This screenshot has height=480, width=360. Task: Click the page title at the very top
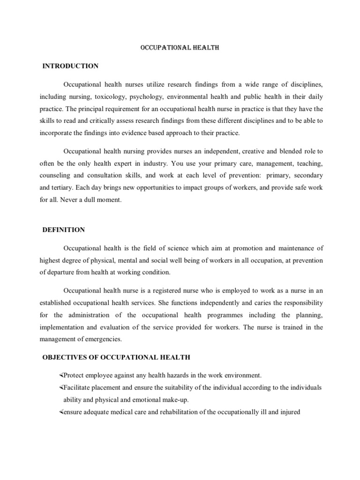[180, 48]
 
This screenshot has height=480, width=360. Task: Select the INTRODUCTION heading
[70, 66]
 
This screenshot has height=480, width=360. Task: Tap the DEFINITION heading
[64, 230]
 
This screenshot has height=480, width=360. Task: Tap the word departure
[68, 272]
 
